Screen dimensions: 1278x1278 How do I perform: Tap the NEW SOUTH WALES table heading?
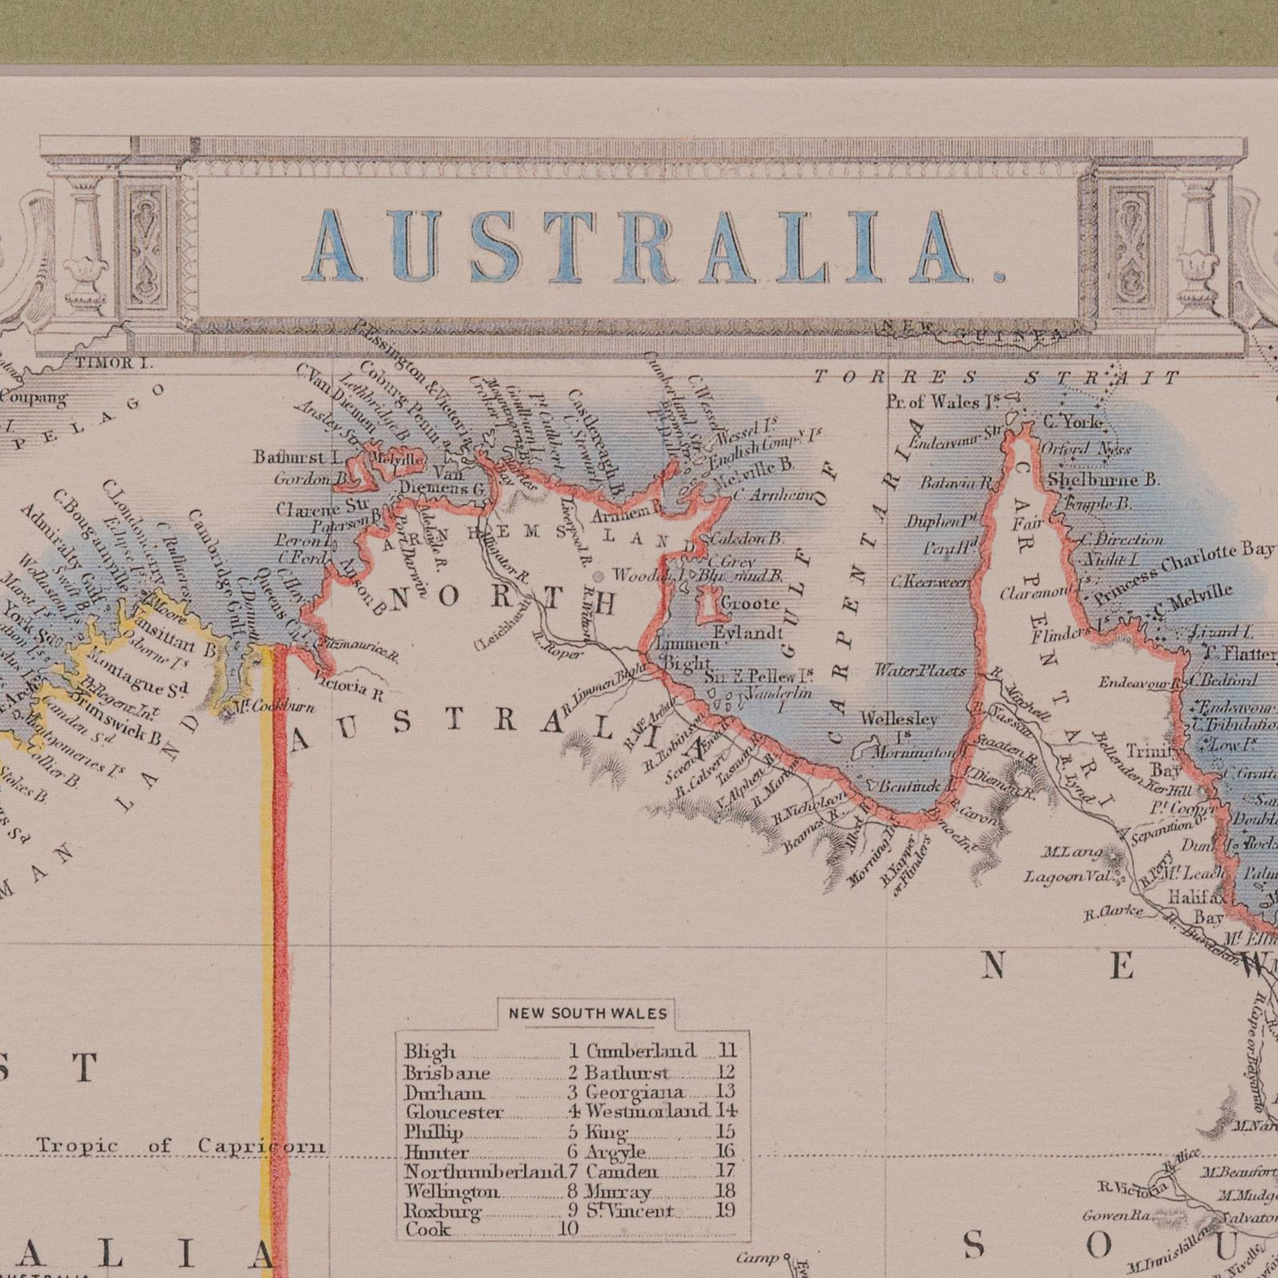pos(587,1014)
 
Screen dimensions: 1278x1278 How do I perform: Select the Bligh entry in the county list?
pos(430,1052)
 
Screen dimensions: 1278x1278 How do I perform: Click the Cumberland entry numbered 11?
pos(641,1051)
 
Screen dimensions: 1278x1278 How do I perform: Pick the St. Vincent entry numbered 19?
pos(630,1210)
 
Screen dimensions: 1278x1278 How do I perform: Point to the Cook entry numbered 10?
pos(428,1229)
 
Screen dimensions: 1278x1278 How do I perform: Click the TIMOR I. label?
pos(115,363)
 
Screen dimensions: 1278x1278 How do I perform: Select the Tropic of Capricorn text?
pos(181,1146)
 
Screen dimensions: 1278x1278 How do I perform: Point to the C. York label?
pos(1074,421)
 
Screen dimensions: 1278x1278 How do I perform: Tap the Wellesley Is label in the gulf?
pos(899,727)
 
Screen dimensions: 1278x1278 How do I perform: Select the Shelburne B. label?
pos(1103,480)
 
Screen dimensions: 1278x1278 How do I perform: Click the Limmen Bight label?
pos(684,653)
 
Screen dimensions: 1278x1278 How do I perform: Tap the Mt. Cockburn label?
pos(268,707)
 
